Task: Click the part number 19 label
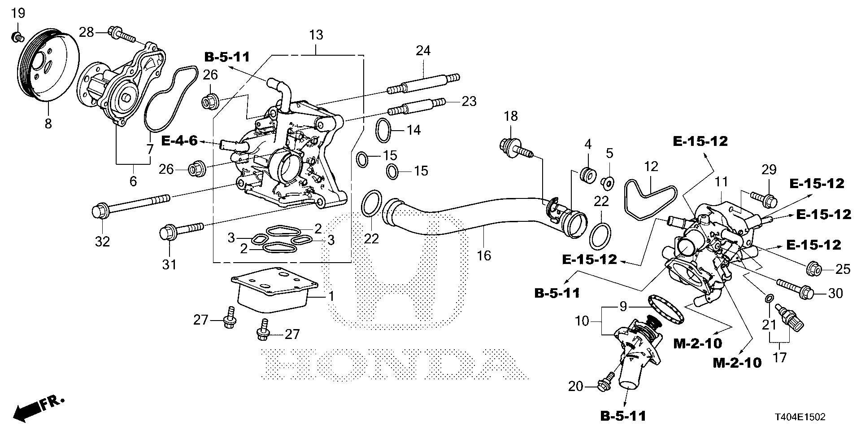tap(18, 13)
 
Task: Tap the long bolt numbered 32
tap(130, 204)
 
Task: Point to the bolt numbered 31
tap(182, 230)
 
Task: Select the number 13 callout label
tap(316, 35)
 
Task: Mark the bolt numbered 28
tap(121, 34)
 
